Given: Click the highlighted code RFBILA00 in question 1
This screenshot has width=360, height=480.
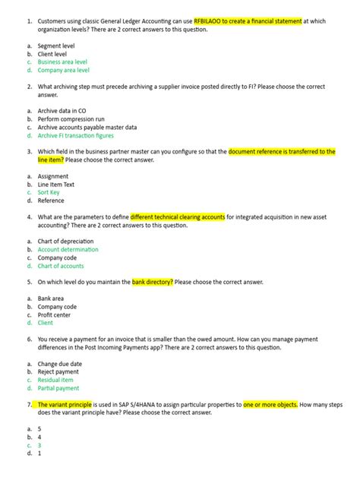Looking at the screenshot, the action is click(x=210, y=21).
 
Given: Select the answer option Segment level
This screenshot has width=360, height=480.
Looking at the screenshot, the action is click(x=56, y=46).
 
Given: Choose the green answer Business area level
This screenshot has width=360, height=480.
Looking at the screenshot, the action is click(x=62, y=62).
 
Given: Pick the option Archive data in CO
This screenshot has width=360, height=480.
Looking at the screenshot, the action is click(x=62, y=111).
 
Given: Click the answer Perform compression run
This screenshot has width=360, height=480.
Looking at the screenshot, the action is click(x=71, y=119).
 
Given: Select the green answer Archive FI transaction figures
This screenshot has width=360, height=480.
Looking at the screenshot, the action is click(x=75, y=136).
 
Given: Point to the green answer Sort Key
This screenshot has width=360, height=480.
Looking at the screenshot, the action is click(x=50, y=193).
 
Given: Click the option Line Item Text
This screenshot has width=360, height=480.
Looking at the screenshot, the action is click(x=56, y=185).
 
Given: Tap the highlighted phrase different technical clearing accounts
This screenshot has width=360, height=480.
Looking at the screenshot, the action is click(x=178, y=216).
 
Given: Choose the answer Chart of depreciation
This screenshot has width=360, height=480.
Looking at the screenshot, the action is click(x=66, y=242).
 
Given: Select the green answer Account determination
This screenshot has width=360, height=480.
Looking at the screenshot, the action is click(x=68, y=250).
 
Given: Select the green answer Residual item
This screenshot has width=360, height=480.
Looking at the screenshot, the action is click(x=55, y=381).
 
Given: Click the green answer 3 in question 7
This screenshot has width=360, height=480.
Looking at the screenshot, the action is click(x=39, y=446).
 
